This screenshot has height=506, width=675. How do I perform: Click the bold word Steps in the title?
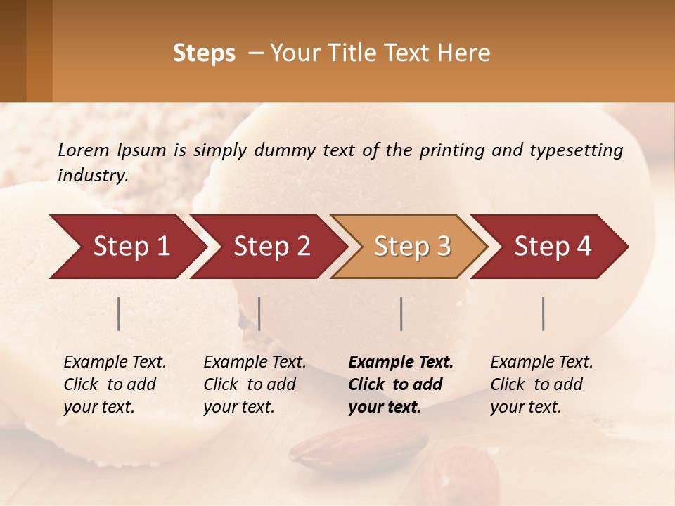204,53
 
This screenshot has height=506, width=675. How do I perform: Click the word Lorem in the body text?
84,150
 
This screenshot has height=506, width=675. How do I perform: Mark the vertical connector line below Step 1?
119,313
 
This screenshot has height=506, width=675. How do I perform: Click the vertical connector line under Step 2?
259,313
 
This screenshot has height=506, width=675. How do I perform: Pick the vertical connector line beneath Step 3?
401,313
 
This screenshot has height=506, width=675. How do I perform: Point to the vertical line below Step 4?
544,313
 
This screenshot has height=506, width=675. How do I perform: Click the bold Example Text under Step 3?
401,363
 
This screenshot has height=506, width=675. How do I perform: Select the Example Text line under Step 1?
115,363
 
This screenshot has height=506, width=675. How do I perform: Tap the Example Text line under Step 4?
541,363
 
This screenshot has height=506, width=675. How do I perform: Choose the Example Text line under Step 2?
255,363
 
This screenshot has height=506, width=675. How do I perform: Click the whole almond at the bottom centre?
359,447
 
